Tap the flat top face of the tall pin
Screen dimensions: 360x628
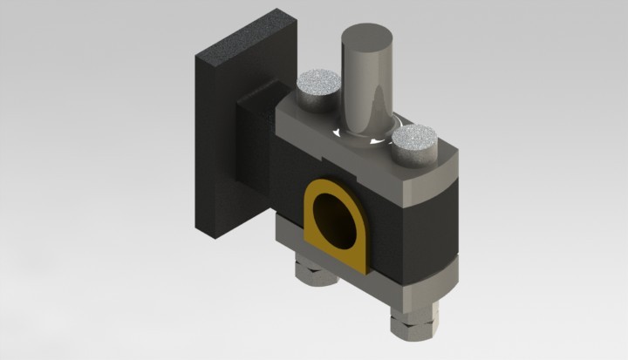(x=367, y=38)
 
